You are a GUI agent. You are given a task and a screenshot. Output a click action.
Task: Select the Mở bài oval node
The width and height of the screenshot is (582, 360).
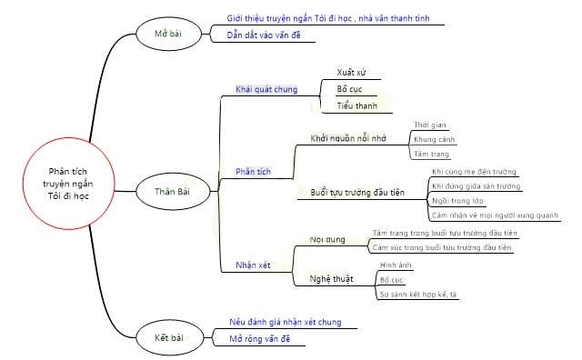tap(170, 35)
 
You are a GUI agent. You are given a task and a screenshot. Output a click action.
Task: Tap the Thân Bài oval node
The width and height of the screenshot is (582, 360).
tap(170, 191)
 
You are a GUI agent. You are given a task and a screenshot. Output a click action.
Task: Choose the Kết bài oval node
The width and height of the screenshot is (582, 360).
tap(170, 338)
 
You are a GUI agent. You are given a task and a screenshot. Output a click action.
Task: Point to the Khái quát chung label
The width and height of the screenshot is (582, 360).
tap(266, 89)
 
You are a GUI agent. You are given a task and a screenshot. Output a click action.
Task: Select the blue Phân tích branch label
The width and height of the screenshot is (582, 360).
tap(252, 171)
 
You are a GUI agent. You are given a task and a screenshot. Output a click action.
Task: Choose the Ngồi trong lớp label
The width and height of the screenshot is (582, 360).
tap(457, 200)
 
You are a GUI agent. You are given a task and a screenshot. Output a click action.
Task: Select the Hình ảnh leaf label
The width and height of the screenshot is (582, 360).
tap(396, 265)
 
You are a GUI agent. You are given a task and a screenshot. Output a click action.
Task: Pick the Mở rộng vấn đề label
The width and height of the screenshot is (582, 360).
tap(260, 338)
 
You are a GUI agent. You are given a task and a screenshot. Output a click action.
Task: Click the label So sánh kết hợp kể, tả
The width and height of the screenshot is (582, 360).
tap(419, 295)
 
